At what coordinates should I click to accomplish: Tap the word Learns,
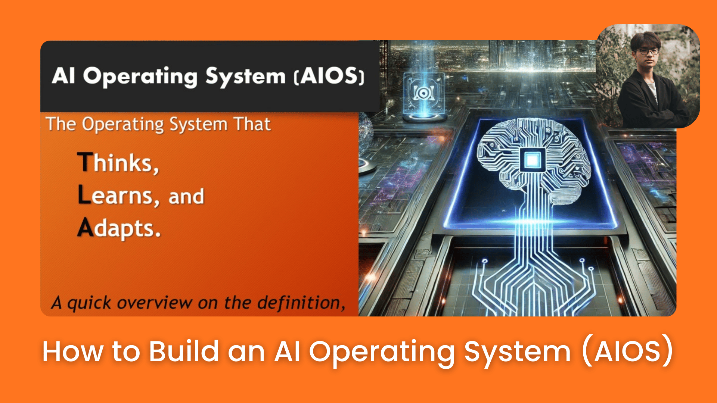click(x=118, y=196)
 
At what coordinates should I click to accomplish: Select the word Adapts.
click(x=119, y=228)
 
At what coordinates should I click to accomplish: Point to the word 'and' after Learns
click(x=186, y=196)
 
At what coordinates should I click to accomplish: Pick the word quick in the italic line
click(x=89, y=303)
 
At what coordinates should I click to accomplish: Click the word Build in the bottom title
click(x=184, y=352)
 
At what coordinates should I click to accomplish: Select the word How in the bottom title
click(x=72, y=352)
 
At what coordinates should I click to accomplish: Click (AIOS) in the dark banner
click(x=329, y=76)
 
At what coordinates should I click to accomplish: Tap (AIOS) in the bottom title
click(x=627, y=352)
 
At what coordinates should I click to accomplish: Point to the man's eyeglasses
click(x=648, y=51)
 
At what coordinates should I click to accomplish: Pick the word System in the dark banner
click(x=245, y=76)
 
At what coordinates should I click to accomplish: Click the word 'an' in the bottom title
click(x=246, y=352)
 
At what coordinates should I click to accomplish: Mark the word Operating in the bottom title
click(x=382, y=352)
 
